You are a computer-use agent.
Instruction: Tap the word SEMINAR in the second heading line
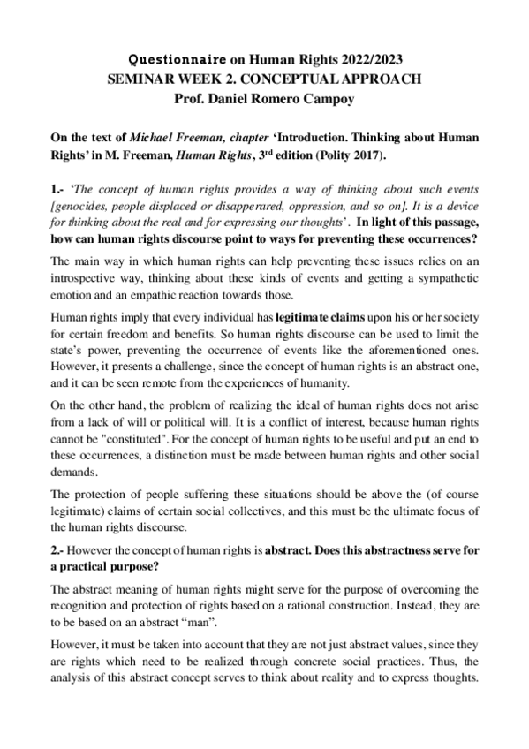coord(140,79)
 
